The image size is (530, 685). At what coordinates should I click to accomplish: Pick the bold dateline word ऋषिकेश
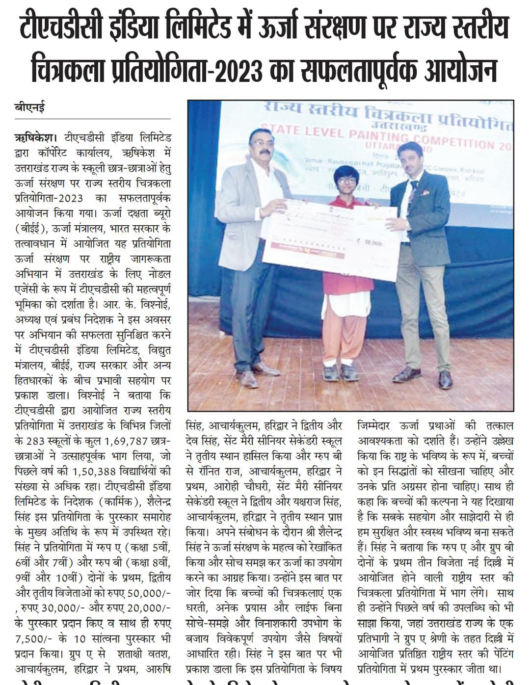pos(33,136)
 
